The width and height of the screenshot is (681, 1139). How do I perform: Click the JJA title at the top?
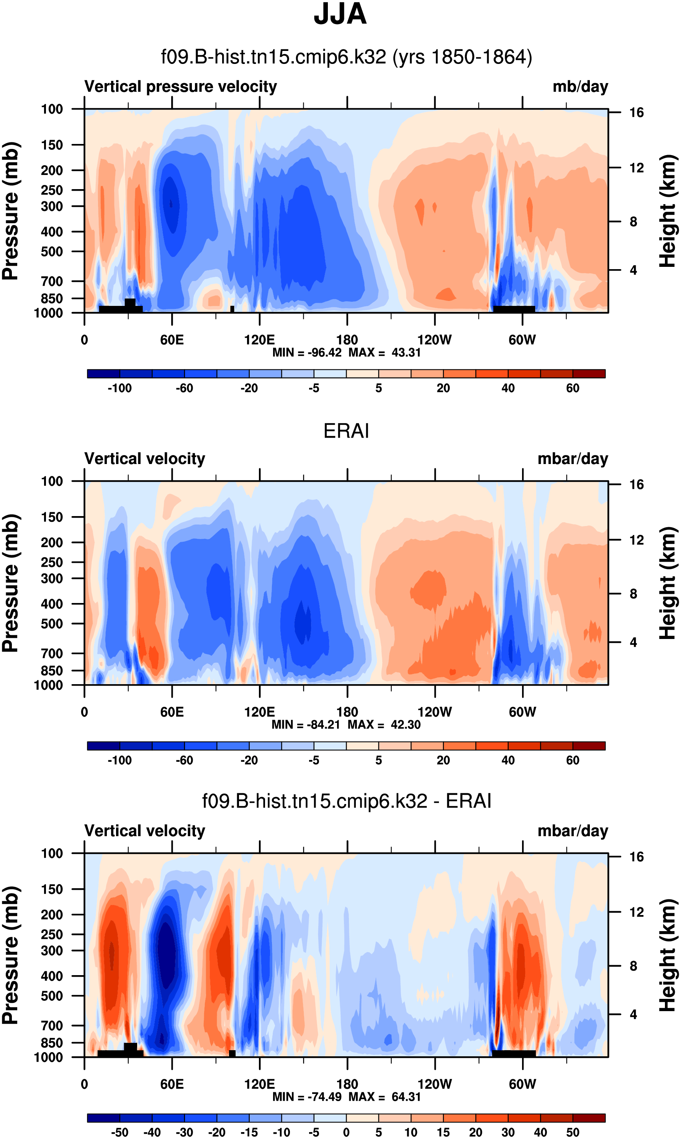(340, 15)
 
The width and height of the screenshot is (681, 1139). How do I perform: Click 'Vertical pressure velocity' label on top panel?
(180, 87)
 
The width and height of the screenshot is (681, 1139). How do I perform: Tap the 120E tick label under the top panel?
(259, 340)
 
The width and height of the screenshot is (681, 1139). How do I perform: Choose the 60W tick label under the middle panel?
(522, 712)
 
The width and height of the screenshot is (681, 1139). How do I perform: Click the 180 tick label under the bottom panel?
(347, 1084)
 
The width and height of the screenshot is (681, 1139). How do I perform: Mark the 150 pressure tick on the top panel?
(52, 145)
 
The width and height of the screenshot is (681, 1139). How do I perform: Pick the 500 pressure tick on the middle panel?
(52, 624)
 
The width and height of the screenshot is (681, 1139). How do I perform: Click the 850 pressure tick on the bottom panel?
(52, 1043)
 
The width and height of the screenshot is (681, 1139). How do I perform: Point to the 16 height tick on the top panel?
(637, 113)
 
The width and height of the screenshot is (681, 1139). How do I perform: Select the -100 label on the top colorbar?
(120, 389)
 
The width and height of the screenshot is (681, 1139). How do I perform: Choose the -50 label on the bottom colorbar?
(120, 1132)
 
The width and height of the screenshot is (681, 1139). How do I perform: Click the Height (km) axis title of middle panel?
(668, 583)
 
